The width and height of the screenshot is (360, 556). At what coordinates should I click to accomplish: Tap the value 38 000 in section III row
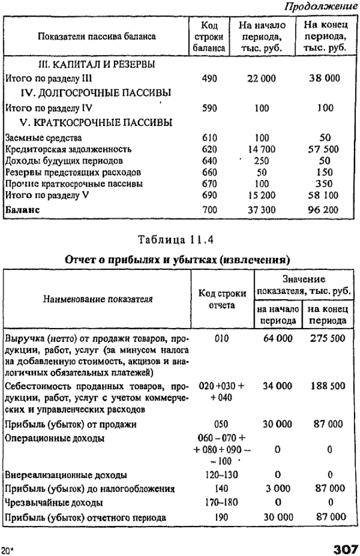pos(325,78)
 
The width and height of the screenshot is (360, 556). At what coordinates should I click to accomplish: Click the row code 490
pos(209,78)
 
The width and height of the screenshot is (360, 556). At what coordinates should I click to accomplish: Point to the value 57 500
pos(325,149)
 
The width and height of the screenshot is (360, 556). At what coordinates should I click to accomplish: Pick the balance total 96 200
pos(325,209)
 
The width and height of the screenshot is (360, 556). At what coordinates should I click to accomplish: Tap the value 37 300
pos(262,209)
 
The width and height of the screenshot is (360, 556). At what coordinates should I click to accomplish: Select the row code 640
pos(209,161)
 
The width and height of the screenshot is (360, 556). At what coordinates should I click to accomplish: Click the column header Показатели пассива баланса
pos(97,37)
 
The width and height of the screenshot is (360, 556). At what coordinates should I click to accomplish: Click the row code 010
pos(221,338)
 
